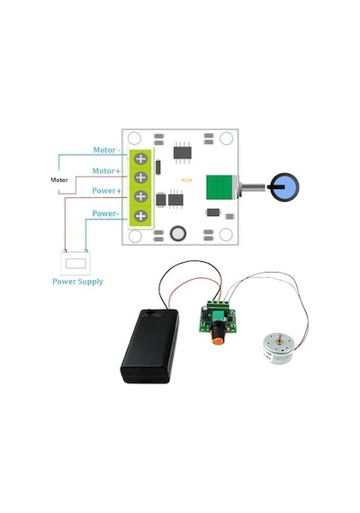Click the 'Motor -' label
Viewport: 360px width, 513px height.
107,150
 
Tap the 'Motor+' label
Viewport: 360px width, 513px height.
106,171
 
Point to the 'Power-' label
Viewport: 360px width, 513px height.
105,213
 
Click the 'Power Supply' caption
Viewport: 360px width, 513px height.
78,282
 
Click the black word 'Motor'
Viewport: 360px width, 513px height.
59,180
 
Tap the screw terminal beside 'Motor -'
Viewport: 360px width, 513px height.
141,159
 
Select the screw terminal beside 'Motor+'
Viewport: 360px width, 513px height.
141,177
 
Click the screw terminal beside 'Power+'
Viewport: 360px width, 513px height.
141,196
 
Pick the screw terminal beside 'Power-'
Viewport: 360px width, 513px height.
141,216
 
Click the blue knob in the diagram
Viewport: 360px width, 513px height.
285,187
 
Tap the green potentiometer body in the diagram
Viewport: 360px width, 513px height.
220,187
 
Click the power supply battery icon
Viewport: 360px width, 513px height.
76,263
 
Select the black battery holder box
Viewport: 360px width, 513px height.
150,346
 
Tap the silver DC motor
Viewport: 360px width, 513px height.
278,348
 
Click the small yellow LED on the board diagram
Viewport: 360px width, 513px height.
187,180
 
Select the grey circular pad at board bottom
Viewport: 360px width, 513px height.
178,234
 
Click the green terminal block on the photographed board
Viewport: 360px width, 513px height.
221,305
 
